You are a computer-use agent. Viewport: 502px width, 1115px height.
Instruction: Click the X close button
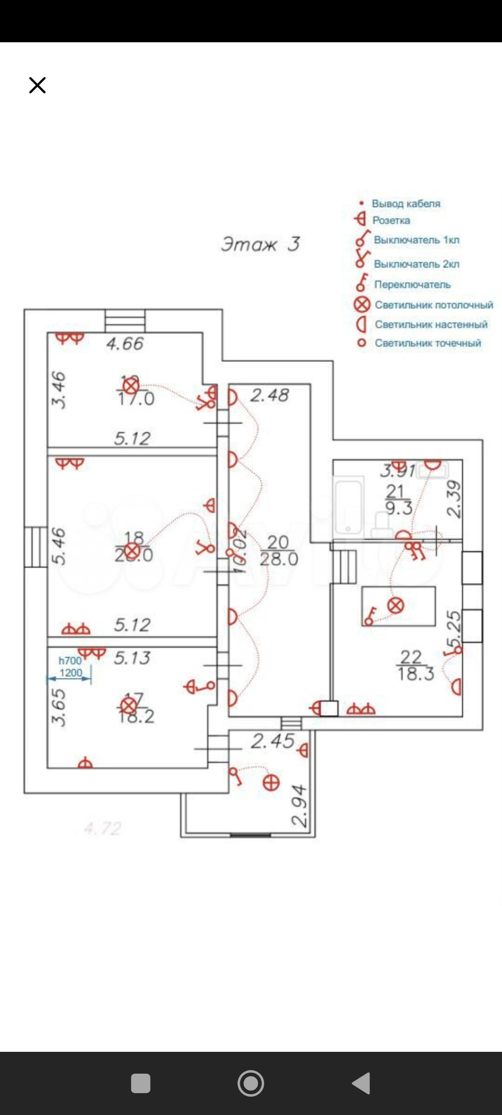pyautogui.click(x=37, y=85)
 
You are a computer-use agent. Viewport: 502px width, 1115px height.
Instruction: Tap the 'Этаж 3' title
pyautogui.click(x=260, y=244)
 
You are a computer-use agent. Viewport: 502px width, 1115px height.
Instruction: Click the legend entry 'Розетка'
pyautogui.click(x=391, y=220)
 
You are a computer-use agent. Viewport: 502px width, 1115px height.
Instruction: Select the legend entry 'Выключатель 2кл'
pyautogui.click(x=416, y=264)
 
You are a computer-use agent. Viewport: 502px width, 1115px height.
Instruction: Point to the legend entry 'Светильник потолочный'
pyautogui.click(x=434, y=305)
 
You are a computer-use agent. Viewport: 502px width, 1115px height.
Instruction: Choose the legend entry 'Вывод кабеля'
pyautogui.click(x=406, y=203)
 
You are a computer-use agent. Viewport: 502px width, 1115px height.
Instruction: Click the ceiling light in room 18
pyautogui.click(x=133, y=551)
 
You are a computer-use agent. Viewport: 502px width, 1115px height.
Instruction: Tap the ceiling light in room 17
pyautogui.click(x=128, y=706)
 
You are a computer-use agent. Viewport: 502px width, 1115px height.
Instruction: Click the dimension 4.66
pyautogui.click(x=125, y=344)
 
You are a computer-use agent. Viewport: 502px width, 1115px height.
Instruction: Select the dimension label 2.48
pyautogui.click(x=270, y=395)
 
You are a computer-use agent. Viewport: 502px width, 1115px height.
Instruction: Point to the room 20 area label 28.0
pyautogui.click(x=279, y=559)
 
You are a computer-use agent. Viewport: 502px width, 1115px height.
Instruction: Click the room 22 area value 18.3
pyautogui.click(x=416, y=673)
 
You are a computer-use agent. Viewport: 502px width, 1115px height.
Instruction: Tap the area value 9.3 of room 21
pyautogui.click(x=399, y=508)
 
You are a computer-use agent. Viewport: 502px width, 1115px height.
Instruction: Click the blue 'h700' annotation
pyautogui.click(x=70, y=660)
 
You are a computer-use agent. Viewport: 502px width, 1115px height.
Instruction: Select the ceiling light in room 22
pyautogui.click(x=396, y=605)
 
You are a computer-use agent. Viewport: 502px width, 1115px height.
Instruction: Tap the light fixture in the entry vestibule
pyautogui.click(x=271, y=783)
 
